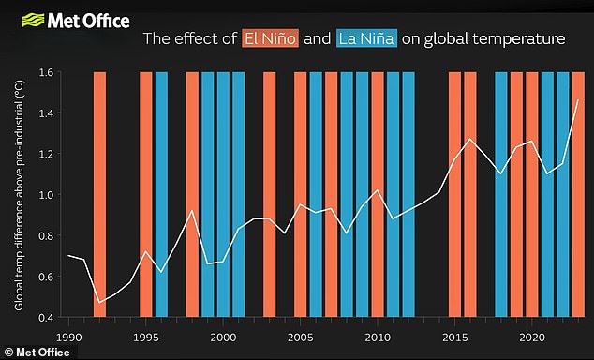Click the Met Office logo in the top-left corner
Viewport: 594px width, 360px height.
click(67, 18)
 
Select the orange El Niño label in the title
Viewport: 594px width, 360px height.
click(268, 39)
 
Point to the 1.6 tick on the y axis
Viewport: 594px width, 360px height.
click(44, 72)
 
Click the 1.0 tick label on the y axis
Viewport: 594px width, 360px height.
click(44, 195)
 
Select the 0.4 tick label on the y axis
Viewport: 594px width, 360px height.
click(44, 318)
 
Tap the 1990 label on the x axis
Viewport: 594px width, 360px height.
click(68, 336)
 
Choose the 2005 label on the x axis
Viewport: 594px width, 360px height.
click(300, 336)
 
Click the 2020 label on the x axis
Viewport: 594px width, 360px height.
click(531, 336)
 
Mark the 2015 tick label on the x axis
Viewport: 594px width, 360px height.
click(454, 336)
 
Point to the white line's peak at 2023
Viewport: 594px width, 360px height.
click(578, 99)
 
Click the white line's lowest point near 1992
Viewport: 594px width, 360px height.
click(99, 303)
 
